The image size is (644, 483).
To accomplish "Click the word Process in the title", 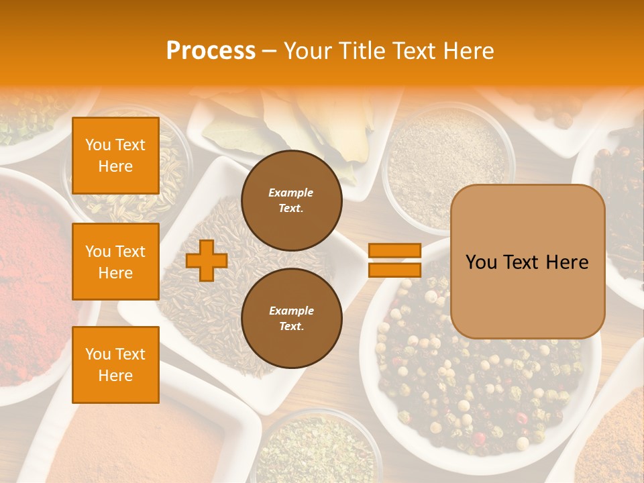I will tap(211, 51).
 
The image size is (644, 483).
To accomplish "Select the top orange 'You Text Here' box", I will tap(115, 156).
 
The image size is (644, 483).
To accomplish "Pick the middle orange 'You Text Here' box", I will tap(115, 262).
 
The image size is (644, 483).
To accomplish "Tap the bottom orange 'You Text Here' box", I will tap(115, 365).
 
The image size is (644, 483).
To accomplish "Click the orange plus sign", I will tap(207, 260).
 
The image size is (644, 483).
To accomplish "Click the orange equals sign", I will tap(394, 260).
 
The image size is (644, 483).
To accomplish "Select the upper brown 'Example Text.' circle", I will tap(291, 201).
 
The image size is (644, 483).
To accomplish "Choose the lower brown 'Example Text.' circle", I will tap(291, 319).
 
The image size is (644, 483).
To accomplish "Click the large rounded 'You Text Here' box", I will tap(527, 262).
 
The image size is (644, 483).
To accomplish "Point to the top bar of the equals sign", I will tap(394, 250).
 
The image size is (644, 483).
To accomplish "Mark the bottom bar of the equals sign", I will tap(394, 270).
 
